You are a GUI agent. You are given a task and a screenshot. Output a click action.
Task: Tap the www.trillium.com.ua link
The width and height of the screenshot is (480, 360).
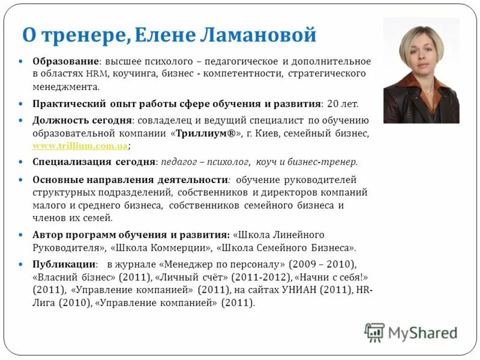[80, 146]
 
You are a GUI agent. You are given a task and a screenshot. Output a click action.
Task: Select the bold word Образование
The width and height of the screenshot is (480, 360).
[65, 62]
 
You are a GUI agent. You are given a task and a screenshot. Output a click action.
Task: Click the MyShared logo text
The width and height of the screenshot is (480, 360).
[422, 332]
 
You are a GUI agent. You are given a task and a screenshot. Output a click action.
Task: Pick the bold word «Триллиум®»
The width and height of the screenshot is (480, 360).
[204, 133]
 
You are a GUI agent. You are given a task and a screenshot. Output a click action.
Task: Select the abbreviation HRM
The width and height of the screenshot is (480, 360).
[96, 74]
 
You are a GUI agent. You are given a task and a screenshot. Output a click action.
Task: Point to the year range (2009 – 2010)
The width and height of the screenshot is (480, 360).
[322, 265]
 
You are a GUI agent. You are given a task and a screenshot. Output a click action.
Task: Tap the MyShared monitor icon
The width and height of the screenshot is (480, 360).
[374, 332]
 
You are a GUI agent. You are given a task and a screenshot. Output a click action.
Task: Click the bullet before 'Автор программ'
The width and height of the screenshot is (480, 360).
[20, 235]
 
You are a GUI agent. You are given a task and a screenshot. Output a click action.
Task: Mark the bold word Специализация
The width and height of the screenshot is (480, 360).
[73, 162]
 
